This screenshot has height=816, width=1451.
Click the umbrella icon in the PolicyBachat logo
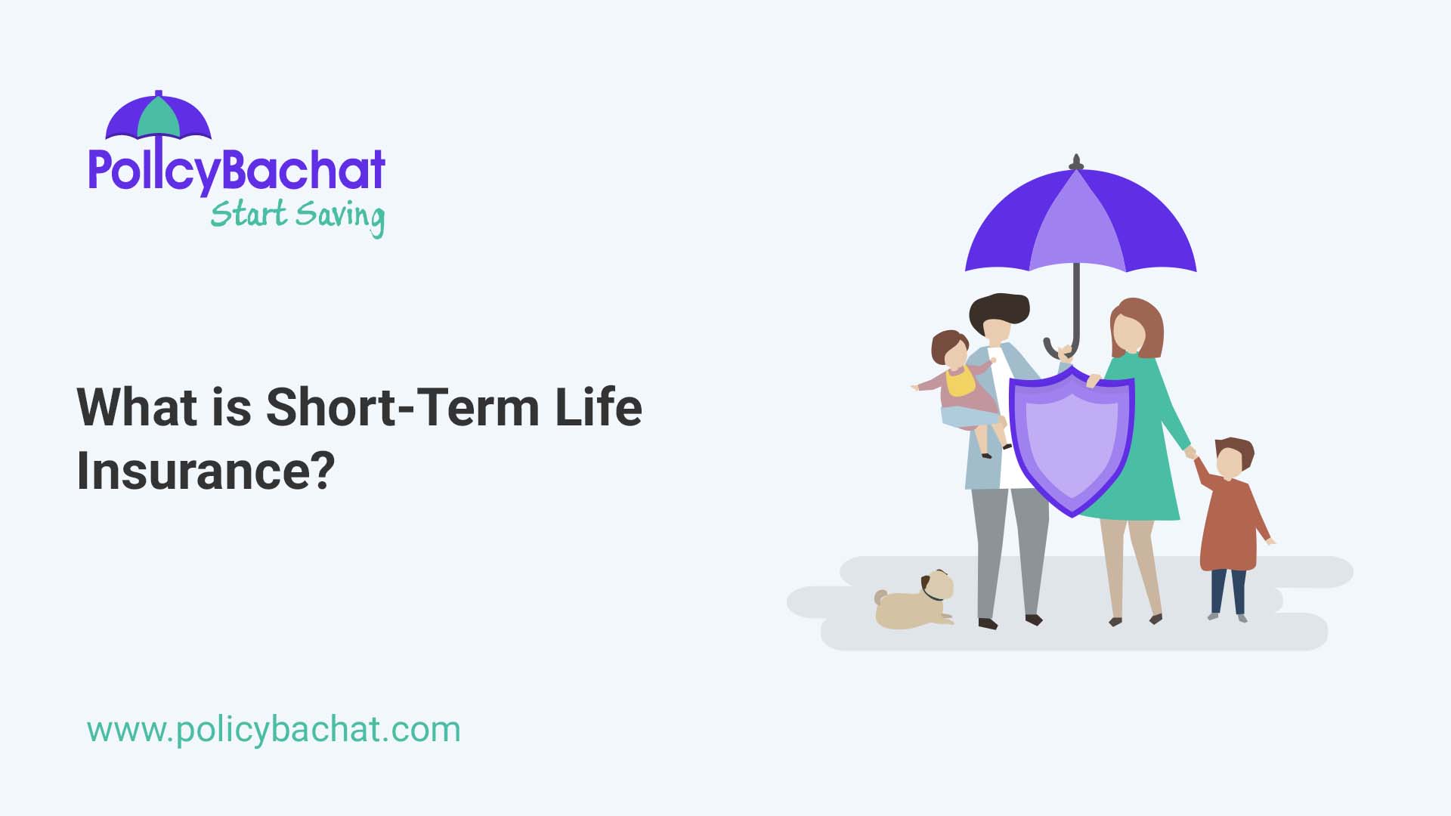click(x=158, y=116)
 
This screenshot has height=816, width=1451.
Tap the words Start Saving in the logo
click(x=297, y=215)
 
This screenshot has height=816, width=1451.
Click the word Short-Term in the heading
click(x=402, y=407)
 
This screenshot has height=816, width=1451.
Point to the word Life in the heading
click(x=598, y=407)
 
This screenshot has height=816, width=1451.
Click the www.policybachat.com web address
click(x=274, y=730)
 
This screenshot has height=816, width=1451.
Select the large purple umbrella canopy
click(x=1081, y=227)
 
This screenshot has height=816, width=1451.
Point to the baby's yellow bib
click(x=960, y=382)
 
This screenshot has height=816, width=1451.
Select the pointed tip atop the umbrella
click(x=1076, y=161)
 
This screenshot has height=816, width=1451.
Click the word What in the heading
click(x=137, y=407)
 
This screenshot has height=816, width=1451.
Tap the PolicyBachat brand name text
click(x=237, y=171)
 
